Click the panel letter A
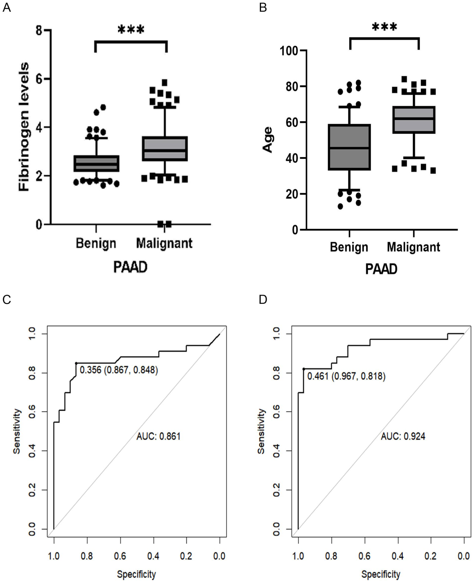[7, 8]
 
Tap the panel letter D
[263, 299]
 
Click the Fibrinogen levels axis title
[24, 127]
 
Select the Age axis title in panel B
[268, 139]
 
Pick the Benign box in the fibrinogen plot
[96, 164]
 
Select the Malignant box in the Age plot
[414, 119]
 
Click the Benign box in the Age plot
[350, 147]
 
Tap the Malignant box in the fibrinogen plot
[165, 149]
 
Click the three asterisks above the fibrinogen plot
[131, 30]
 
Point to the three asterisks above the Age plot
[385, 27]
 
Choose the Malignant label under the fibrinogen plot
[164, 243]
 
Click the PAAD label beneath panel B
[381, 269]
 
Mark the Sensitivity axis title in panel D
[261, 431]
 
